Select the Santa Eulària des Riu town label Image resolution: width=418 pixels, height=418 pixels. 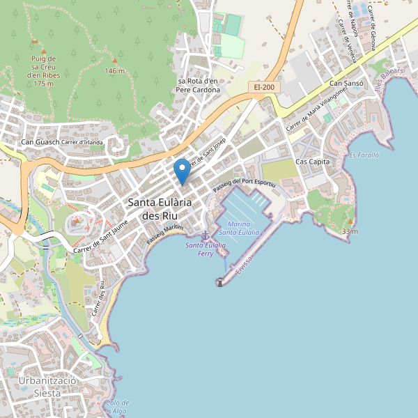[x=160, y=209]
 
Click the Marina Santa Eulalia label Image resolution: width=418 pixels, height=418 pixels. [x=240, y=228]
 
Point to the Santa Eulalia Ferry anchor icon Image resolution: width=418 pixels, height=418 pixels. [x=205, y=236]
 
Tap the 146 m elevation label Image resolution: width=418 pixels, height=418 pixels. [x=114, y=71]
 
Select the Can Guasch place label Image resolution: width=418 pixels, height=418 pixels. [x=40, y=143]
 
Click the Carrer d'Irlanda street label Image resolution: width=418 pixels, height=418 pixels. [x=82, y=143]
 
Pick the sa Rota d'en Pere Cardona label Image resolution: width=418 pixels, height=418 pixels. [x=198, y=85]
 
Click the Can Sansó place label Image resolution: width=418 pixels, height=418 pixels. [x=346, y=84]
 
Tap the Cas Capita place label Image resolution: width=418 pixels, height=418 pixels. [x=312, y=162]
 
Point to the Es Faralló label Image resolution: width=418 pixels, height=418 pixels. [x=364, y=155]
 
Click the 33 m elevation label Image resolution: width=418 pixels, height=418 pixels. [x=350, y=231]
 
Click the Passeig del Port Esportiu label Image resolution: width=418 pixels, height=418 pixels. [x=245, y=182]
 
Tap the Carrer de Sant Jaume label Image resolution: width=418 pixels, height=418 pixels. [x=101, y=236]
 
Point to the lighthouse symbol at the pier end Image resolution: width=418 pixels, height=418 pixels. [x=220, y=282]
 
